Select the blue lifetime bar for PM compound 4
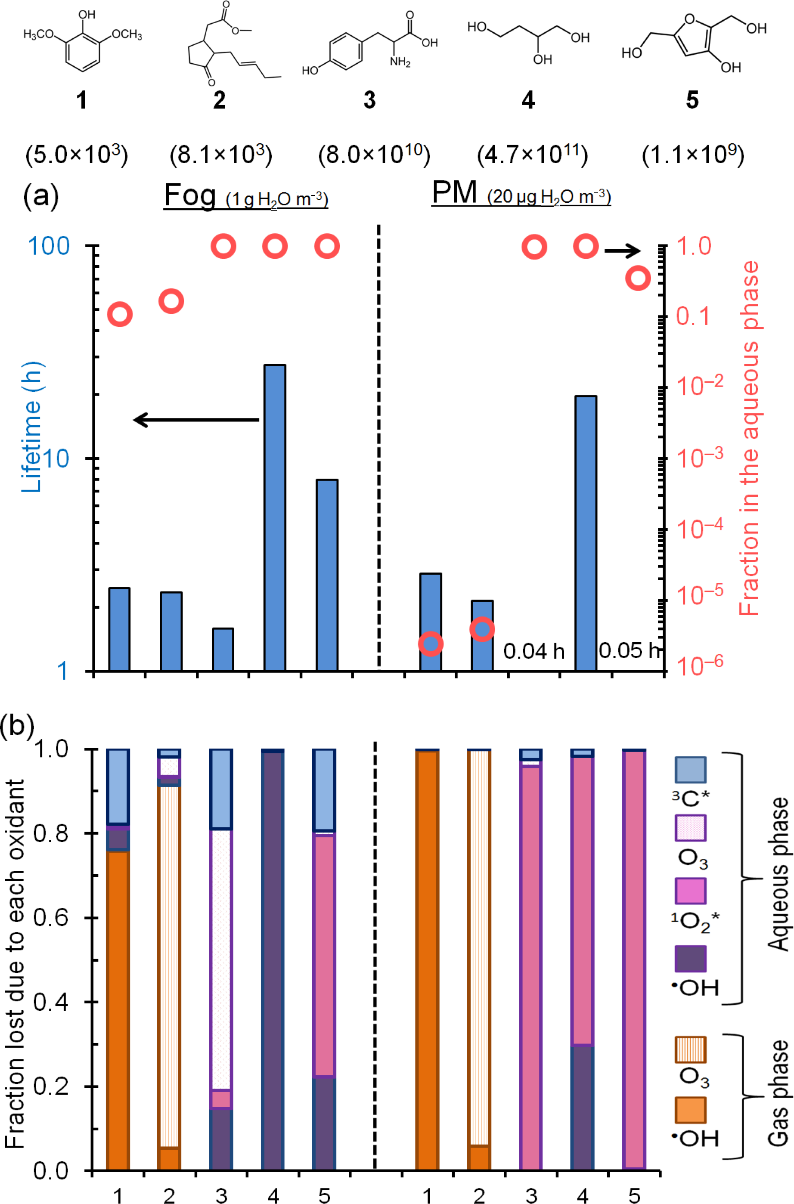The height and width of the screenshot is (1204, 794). point(586,531)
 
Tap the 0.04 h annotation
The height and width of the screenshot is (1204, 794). point(534,651)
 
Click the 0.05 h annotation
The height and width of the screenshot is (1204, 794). point(630,650)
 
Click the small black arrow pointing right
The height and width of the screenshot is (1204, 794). point(622,250)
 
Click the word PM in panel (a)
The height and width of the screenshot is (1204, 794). point(454,193)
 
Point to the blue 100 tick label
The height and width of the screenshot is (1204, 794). point(49,247)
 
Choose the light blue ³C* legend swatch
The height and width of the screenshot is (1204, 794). point(690,770)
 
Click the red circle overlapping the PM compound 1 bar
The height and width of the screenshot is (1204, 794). point(431,644)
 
